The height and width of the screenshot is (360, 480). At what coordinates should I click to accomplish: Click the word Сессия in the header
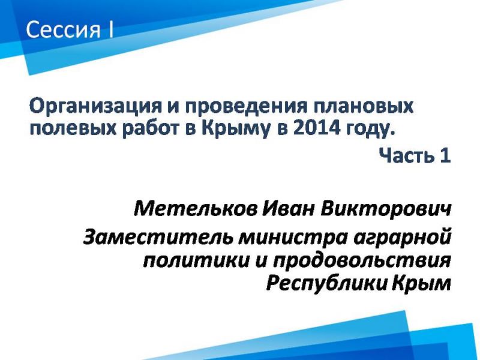pyautogui.click(x=64, y=29)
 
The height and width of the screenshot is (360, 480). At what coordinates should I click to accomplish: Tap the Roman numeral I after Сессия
pyautogui.click(x=110, y=29)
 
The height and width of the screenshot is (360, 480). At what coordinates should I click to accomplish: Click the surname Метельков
pyautogui.click(x=195, y=209)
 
